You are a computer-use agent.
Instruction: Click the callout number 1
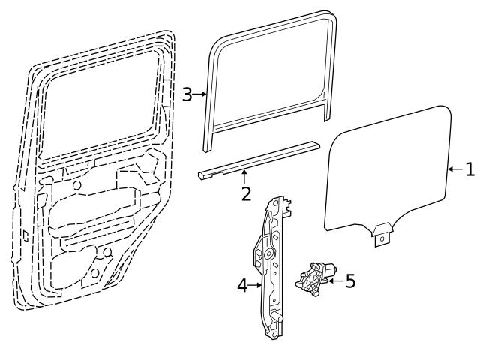pyautogui.click(x=469, y=170)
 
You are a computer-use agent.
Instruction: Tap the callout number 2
pyautogui.click(x=245, y=194)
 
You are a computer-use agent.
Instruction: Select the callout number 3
pyautogui.click(x=187, y=94)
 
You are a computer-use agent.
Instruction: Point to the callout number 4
pyautogui.click(x=242, y=285)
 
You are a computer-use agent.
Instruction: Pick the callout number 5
pyautogui.click(x=349, y=282)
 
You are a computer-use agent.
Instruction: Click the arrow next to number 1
pyautogui.click(x=454, y=170)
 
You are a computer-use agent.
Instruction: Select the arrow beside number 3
pyautogui.click(x=200, y=94)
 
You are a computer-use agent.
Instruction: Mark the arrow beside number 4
pyautogui.click(x=255, y=285)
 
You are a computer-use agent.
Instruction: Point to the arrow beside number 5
pyautogui.click(x=334, y=282)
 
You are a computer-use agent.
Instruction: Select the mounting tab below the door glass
pyautogui.click(x=382, y=234)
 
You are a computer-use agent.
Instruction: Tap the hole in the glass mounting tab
pyautogui.click(x=382, y=239)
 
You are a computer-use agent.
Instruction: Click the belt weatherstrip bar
pyautogui.click(x=259, y=159)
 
